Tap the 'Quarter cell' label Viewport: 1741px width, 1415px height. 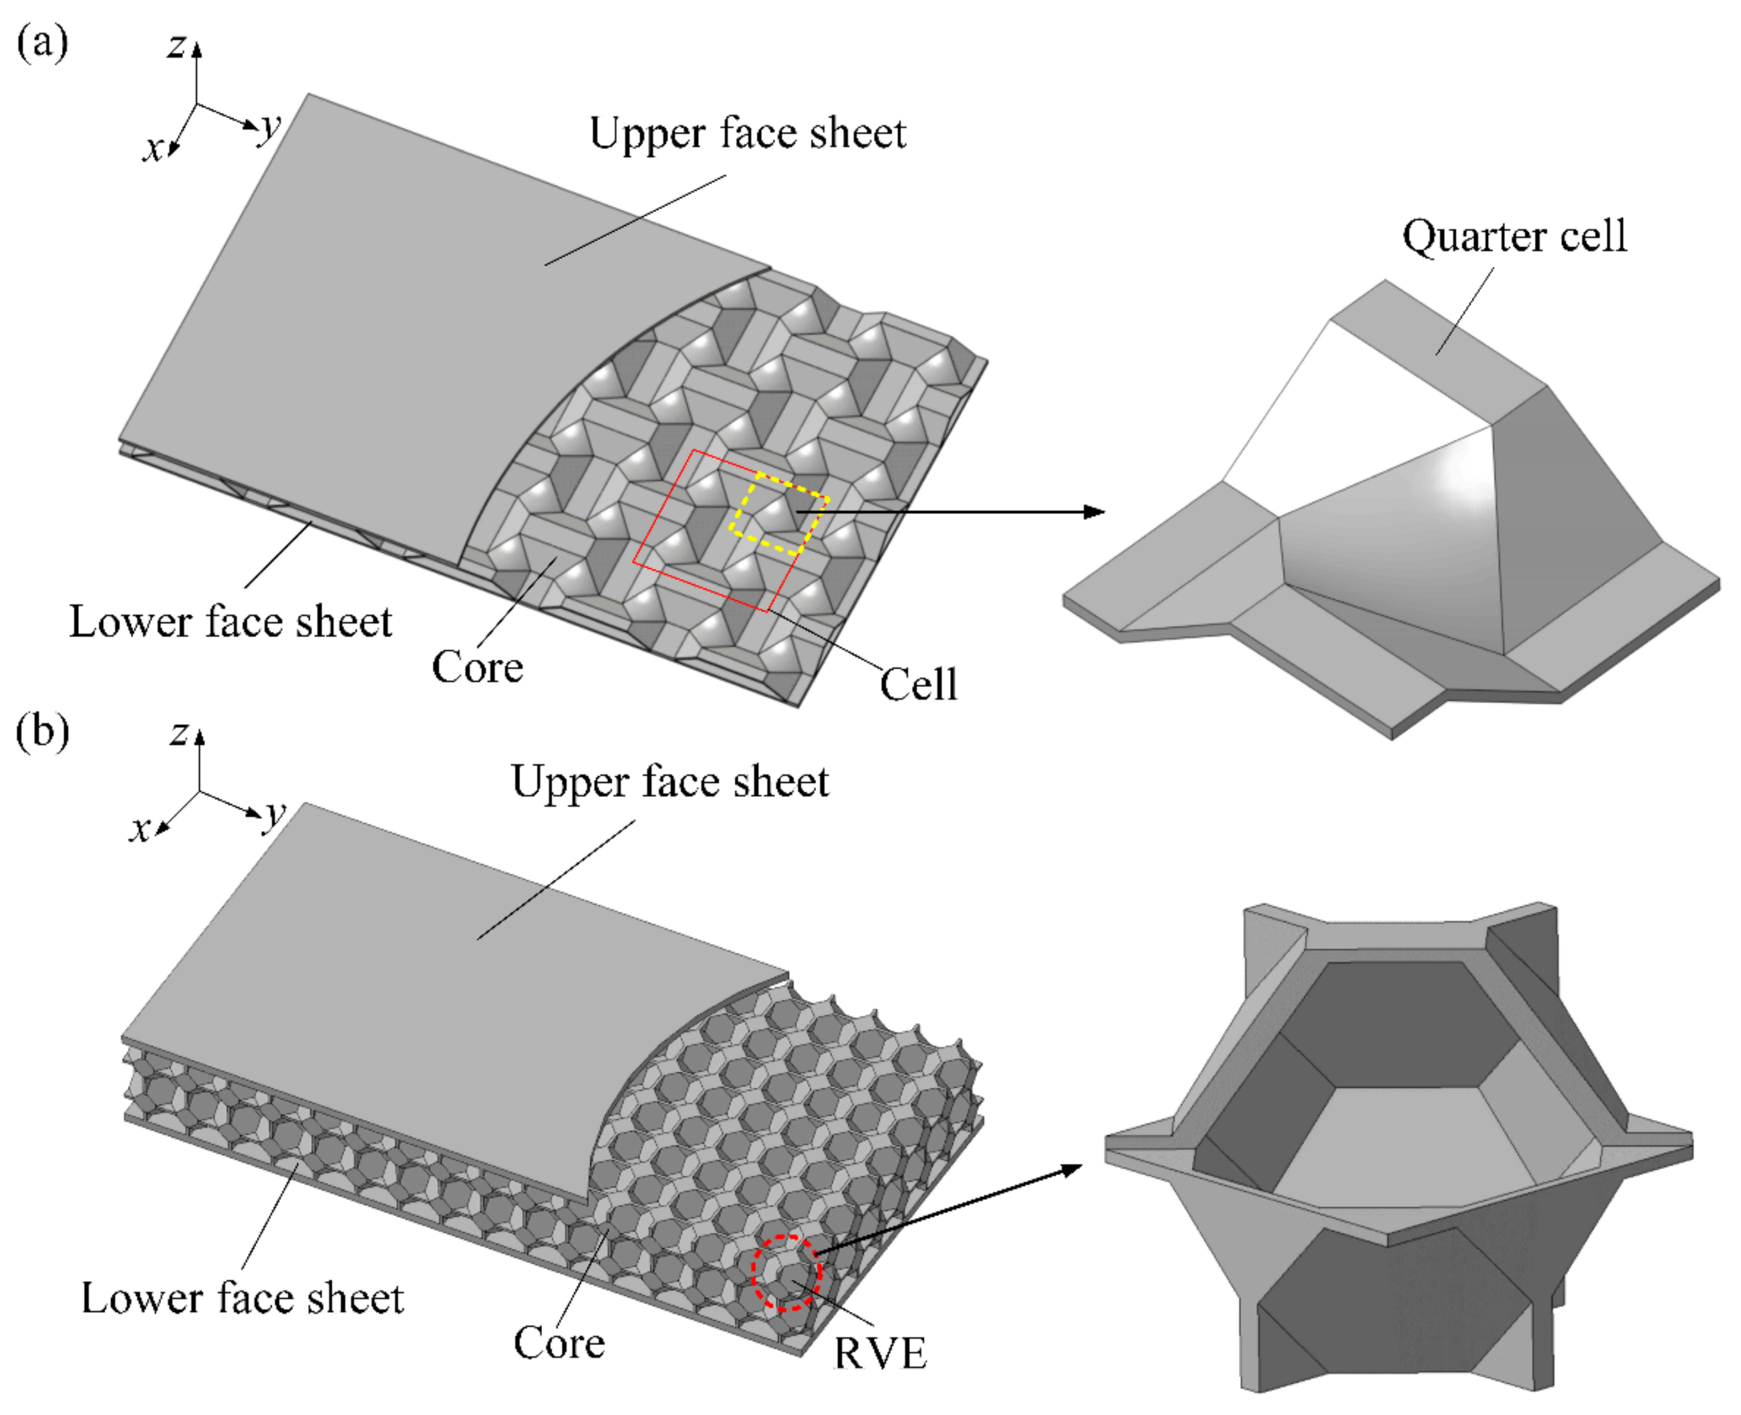pos(1514,237)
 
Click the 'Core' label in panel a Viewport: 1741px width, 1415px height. pos(477,667)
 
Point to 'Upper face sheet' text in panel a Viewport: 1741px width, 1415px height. pos(747,133)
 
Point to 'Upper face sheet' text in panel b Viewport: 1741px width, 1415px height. pos(670,781)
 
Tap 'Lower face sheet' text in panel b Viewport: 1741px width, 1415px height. pos(242,1298)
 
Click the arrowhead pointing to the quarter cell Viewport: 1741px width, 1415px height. pos(1094,512)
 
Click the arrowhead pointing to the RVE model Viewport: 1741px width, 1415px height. pos(1072,1171)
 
